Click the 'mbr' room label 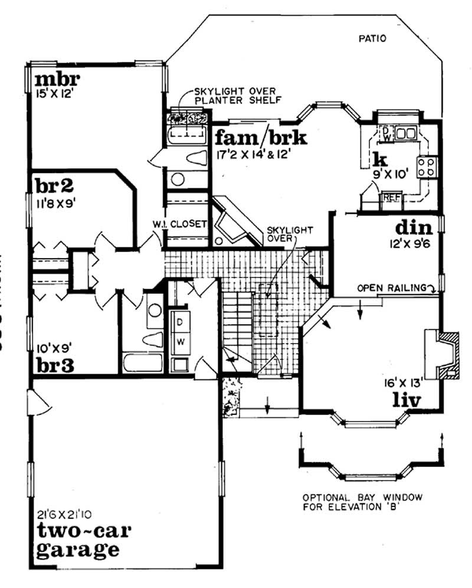tap(57, 79)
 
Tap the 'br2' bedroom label tap(53, 186)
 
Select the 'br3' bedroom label tap(54, 365)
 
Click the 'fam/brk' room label tap(260, 138)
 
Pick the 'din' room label tap(414, 227)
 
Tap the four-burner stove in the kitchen tap(427, 166)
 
